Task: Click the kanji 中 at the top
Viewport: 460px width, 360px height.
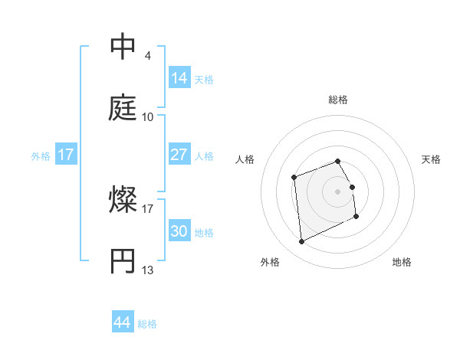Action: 123,47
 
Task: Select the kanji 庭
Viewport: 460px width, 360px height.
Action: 123,108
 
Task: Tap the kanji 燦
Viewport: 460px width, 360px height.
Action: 123,200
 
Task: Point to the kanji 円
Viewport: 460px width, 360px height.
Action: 123,261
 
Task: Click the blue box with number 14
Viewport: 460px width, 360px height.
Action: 179,77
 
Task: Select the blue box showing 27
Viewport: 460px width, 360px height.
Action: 179,155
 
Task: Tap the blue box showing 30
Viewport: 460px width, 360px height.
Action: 179,231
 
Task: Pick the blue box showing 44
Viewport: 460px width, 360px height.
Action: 123,322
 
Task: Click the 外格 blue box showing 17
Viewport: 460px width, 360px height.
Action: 66,155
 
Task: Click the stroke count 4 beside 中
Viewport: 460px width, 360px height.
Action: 148,56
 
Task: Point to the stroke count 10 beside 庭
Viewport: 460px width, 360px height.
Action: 148,117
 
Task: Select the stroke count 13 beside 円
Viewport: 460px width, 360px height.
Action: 148,270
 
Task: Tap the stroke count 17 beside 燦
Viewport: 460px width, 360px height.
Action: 148,208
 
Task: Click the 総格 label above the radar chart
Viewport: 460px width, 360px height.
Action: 338,100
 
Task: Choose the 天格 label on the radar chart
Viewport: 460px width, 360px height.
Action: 432,159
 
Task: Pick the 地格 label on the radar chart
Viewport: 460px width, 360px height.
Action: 402,263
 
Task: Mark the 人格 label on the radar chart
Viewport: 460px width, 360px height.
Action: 245,159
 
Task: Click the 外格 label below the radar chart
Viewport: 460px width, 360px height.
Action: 270,263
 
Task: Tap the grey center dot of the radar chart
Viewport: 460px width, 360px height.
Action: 338,191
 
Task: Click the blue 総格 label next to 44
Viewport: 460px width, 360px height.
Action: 147,324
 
